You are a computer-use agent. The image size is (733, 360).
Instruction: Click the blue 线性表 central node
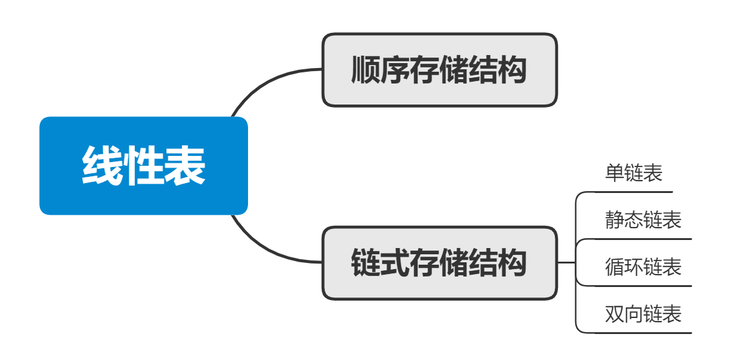(x=144, y=166)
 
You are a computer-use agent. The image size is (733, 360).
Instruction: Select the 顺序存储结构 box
(x=439, y=70)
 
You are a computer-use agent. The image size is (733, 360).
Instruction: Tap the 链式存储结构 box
(x=439, y=263)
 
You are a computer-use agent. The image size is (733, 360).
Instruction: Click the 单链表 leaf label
(x=633, y=173)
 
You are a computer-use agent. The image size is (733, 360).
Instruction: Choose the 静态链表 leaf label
(x=643, y=220)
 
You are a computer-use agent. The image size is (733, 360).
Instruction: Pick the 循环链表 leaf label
(x=643, y=267)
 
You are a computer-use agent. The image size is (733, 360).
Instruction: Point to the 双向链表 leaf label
(x=643, y=314)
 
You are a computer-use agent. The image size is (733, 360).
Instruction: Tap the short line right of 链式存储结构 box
(x=566, y=263)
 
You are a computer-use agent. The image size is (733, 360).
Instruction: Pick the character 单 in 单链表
(x=614, y=173)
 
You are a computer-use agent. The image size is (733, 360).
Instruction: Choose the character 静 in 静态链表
(x=615, y=220)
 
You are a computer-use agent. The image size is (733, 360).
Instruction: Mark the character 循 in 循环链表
(x=615, y=267)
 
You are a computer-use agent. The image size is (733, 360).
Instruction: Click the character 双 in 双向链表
(x=615, y=314)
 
